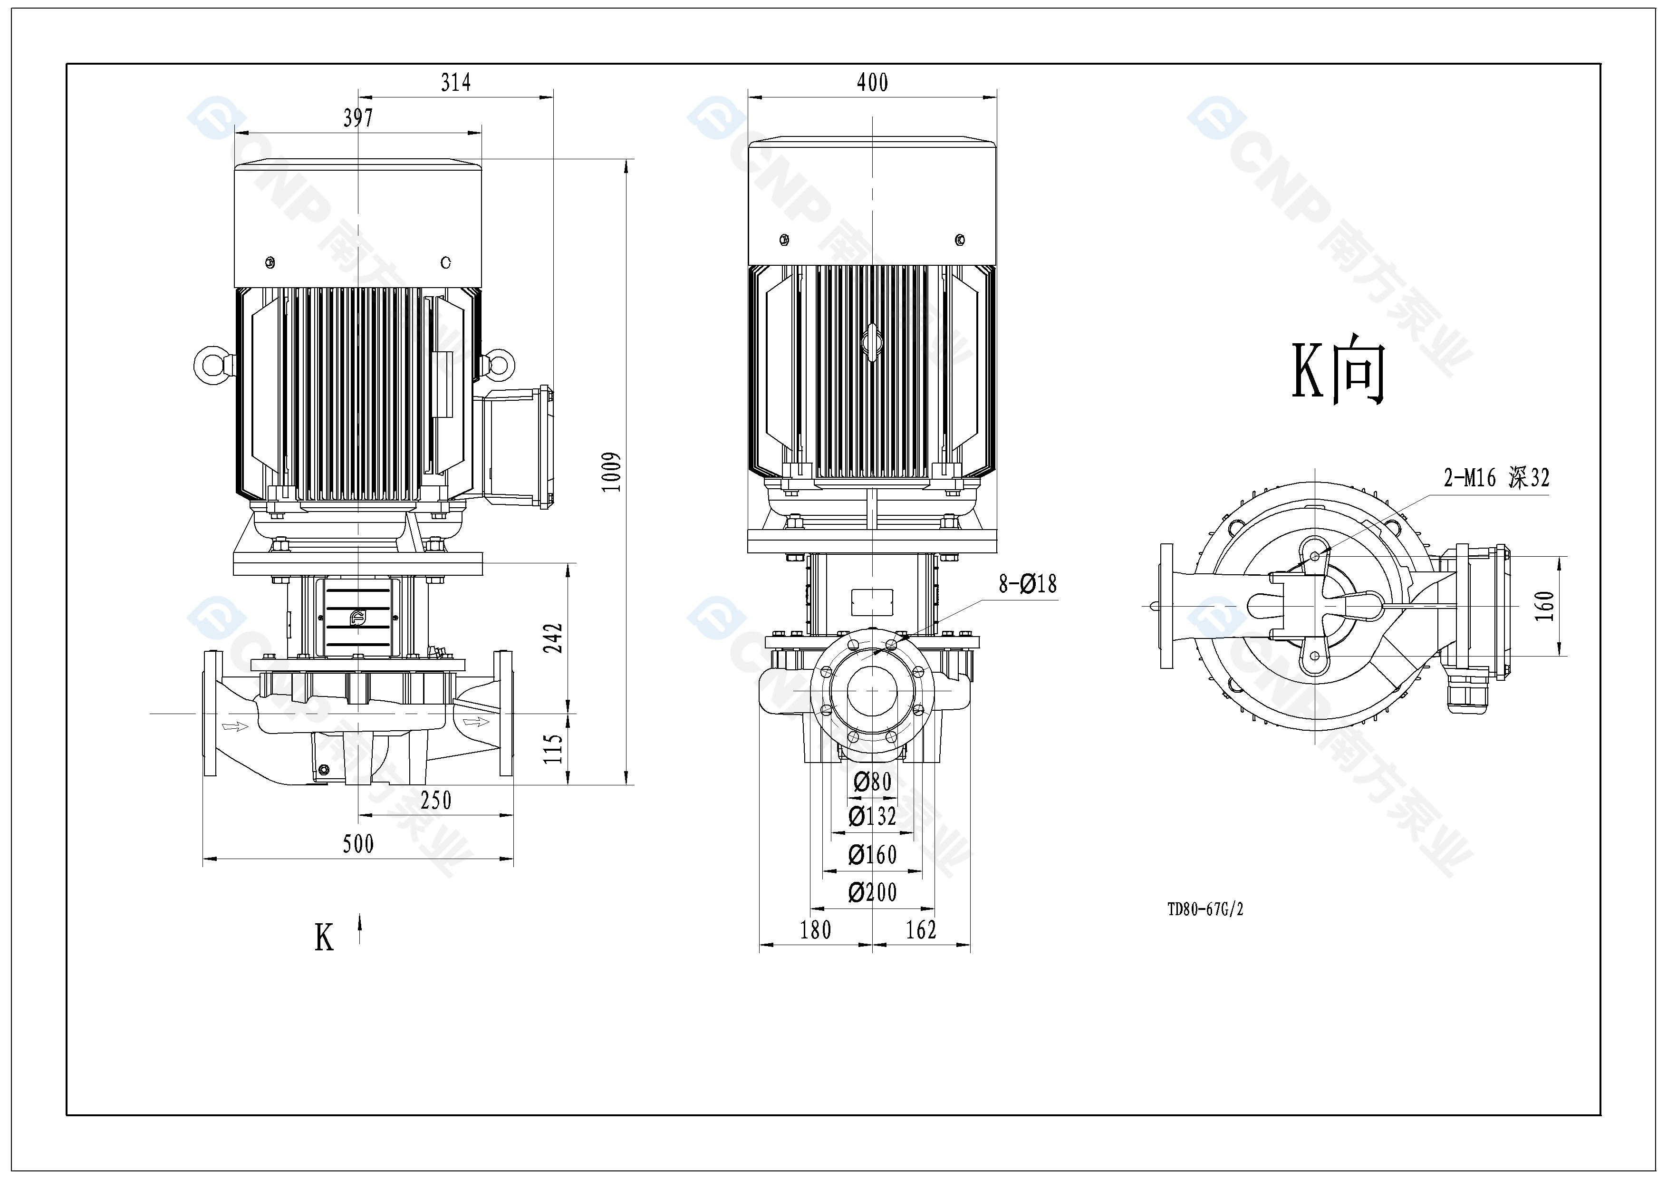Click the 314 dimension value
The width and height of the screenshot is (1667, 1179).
tap(456, 83)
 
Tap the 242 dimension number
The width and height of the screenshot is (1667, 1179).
tap(553, 638)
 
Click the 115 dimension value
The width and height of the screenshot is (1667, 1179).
tap(553, 748)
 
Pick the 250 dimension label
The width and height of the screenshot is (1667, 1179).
tap(435, 801)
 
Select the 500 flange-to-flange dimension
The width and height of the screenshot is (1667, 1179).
tap(358, 843)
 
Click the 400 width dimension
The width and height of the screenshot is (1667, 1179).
tap(872, 83)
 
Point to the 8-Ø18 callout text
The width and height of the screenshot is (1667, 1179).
tap(1027, 584)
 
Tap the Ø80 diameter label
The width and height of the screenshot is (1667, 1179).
tap(872, 782)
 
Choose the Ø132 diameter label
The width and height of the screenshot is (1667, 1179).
tap(872, 817)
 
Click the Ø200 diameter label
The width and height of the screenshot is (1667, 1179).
tap(872, 892)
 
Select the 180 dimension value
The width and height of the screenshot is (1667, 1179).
tap(815, 930)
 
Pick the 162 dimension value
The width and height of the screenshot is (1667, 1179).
tap(921, 930)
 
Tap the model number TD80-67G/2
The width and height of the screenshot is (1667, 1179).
tap(1205, 909)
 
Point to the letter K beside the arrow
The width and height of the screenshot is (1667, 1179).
tap(324, 938)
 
